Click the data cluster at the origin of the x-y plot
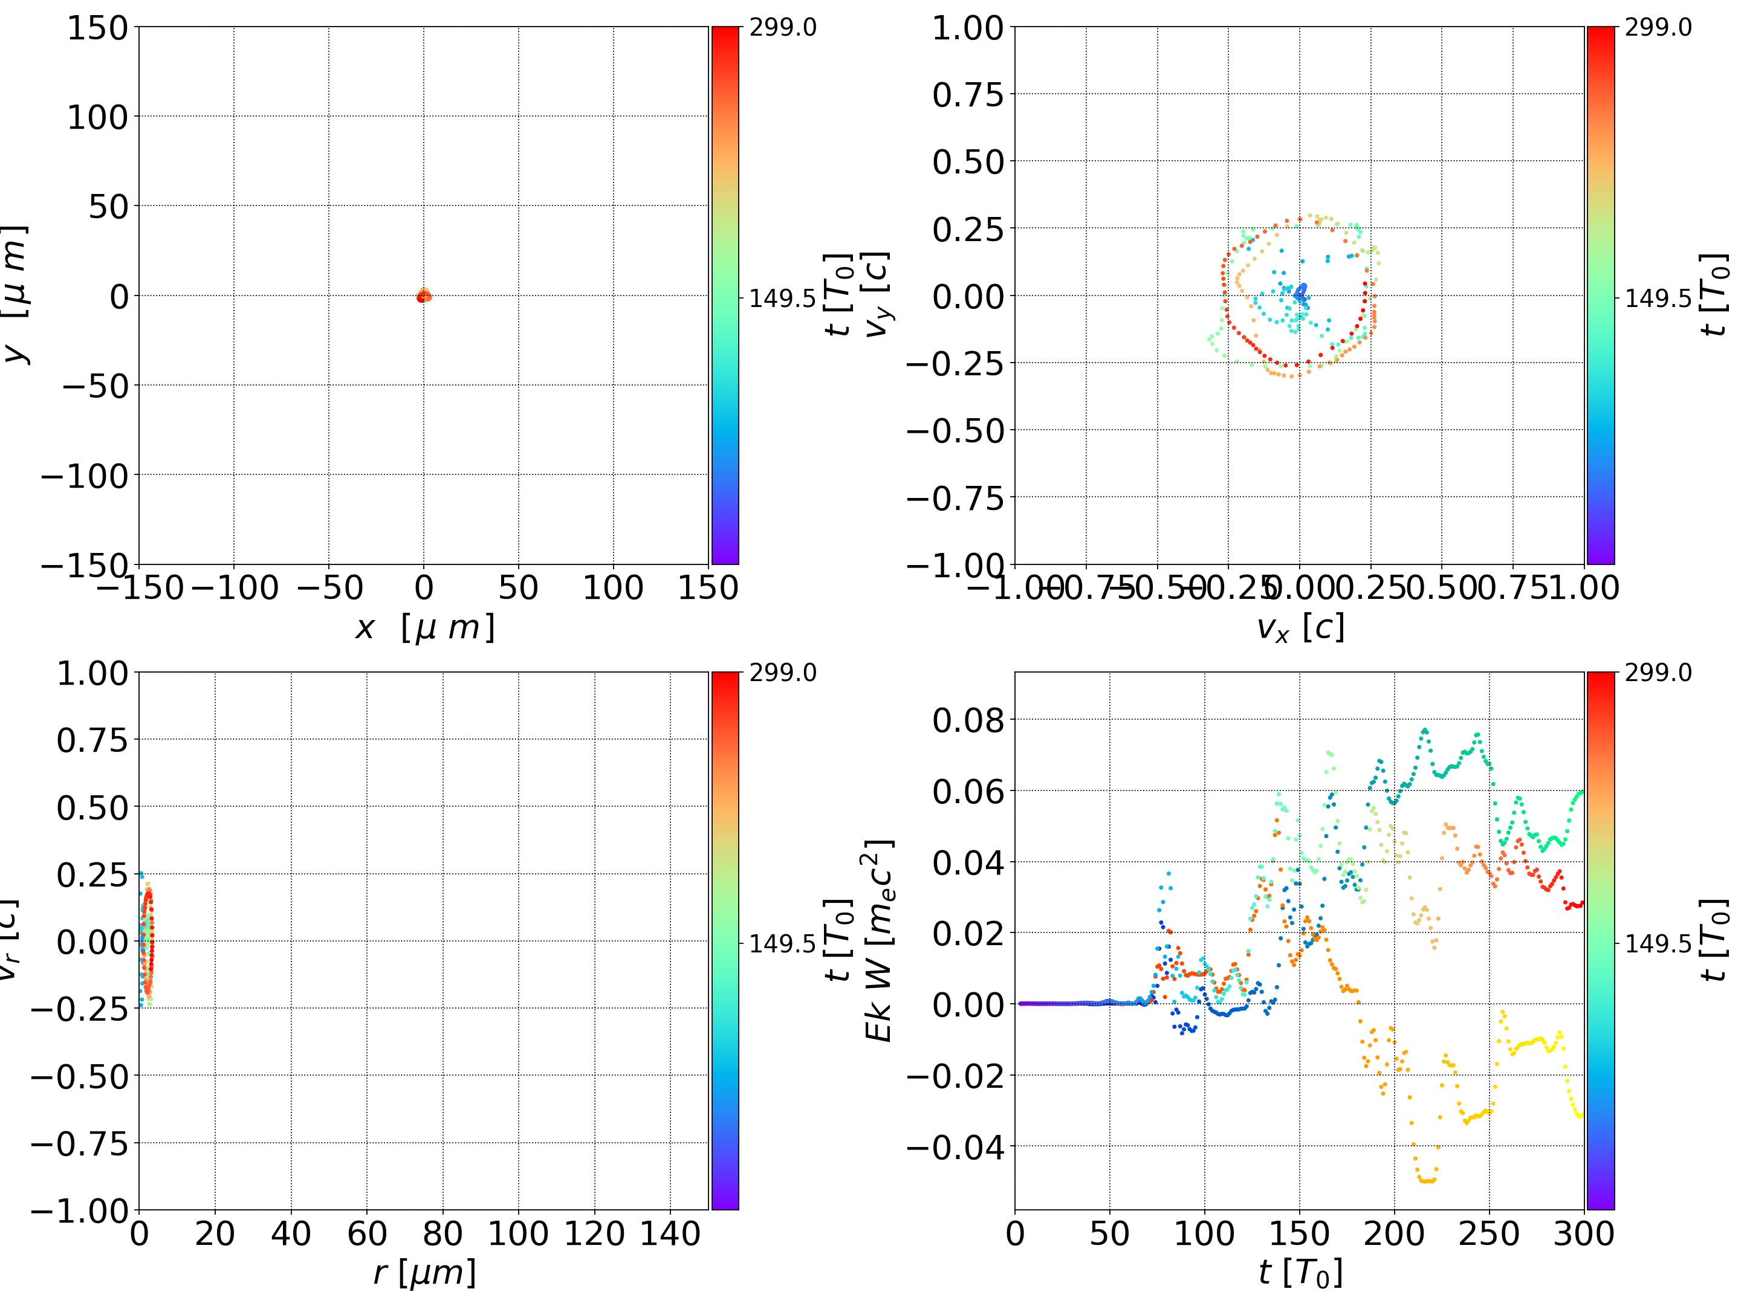tap(423, 296)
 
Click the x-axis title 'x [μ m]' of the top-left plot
tap(424, 628)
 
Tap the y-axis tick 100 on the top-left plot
tap(97, 117)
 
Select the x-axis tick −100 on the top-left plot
tap(235, 588)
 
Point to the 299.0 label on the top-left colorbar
tap(782, 28)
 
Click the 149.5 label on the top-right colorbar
tap(1658, 299)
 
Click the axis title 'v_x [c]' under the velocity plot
tap(1300, 628)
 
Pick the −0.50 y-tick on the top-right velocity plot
tap(956, 430)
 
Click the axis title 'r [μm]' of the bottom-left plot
tap(424, 1273)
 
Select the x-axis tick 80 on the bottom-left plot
tap(443, 1234)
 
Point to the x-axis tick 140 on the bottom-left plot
tap(670, 1234)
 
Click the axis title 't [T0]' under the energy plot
tap(1300, 1273)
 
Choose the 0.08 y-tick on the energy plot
tap(968, 720)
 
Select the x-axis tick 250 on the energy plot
tap(1489, 1234)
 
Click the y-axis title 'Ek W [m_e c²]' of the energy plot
tap(878, 940)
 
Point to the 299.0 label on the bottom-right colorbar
tap(1658, 673)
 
